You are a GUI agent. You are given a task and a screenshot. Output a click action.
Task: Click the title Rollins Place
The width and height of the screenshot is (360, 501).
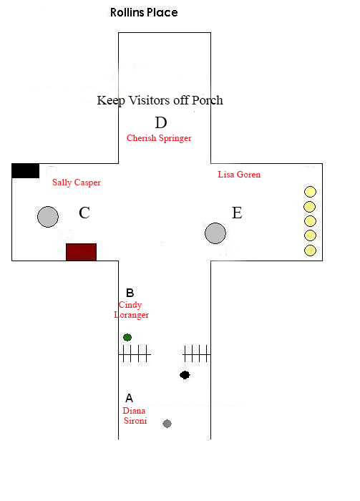click(144, 12)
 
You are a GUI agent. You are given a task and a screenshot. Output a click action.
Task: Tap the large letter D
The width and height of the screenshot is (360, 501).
click(161, 122)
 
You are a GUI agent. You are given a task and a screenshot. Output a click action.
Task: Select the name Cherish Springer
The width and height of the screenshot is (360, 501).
click(159, 138)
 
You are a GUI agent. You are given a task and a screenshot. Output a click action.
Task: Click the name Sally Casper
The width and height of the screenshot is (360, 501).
click(77, 183)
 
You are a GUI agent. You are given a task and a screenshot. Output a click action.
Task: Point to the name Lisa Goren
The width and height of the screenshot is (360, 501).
click(239, 175)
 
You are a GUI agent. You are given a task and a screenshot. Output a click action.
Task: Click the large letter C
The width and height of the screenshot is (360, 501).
click(84, 213)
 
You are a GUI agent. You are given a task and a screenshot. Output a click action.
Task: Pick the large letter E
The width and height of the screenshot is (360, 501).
click(237, 213)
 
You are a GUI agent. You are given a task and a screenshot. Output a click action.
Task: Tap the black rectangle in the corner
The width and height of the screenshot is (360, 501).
click(26, 170)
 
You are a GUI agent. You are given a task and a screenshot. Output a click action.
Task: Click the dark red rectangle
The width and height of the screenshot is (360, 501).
click(81, 252)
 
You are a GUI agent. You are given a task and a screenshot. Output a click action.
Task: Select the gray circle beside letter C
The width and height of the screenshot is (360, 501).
click(48, 217)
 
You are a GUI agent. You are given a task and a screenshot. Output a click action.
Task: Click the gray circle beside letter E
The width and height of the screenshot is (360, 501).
click(215, 233)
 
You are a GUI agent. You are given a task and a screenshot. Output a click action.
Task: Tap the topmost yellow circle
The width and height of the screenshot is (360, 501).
click(310, 192)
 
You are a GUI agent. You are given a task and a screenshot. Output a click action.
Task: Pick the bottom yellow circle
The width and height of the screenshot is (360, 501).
click(310, 250)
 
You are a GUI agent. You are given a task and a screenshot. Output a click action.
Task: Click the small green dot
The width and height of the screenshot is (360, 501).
click(127, 337)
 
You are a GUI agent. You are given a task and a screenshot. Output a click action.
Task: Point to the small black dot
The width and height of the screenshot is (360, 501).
click(185, 375)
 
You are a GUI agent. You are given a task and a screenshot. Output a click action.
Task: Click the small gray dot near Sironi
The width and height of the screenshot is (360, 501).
click(167, 424)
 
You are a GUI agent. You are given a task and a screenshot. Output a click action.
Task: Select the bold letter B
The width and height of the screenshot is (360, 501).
click(130, 293)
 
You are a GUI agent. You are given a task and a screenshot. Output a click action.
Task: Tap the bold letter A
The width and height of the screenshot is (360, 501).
click(129, 398)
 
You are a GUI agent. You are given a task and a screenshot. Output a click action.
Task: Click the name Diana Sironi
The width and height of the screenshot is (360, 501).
click(135, 416)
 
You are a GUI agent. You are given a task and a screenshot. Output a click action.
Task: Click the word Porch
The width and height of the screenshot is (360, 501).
click(207, 100)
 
